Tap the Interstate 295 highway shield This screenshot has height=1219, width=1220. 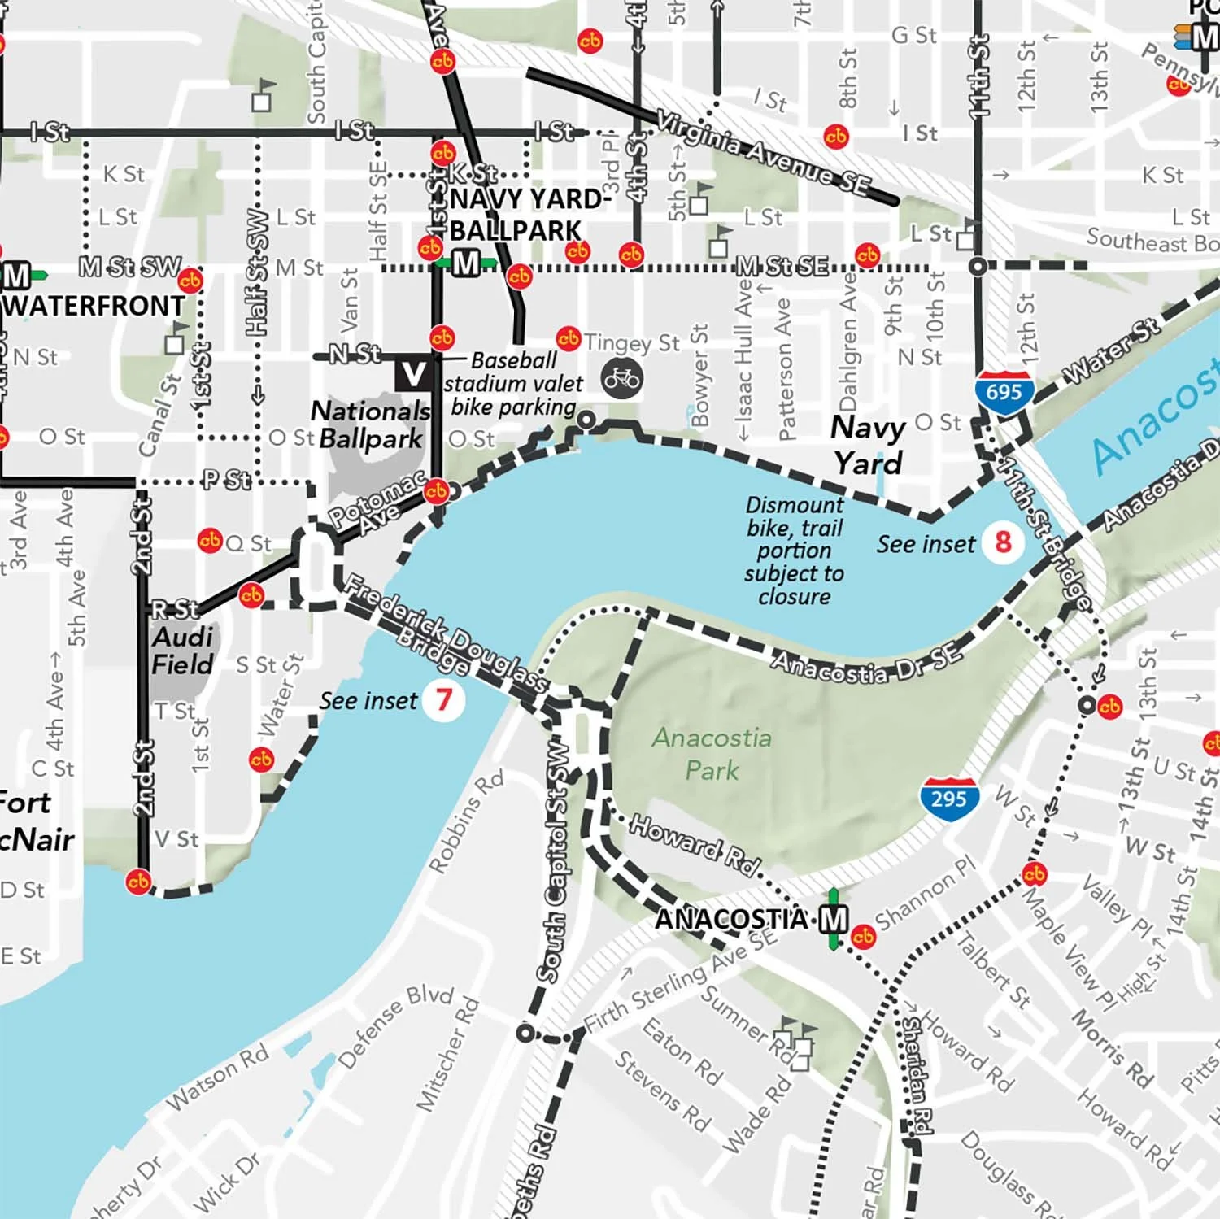point(949,799)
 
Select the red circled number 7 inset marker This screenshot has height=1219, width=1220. point(443,699)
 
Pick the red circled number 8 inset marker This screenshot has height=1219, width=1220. point(1003,542)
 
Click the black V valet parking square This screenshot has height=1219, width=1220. point(413,374)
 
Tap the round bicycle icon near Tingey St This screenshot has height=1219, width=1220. point(622,379)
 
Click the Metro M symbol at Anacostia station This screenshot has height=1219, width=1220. point(833,920)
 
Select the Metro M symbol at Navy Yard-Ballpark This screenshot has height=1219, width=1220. point(466,263)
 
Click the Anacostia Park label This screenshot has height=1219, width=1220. point(712,754)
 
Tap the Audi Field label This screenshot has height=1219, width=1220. point(182,651)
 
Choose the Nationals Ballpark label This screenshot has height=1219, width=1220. point(371,424)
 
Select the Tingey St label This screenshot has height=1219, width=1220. point(631,343)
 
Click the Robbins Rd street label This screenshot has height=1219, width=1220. point(466,821)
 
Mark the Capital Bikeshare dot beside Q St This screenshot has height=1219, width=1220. point(210,541)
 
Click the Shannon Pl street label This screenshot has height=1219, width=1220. point(925,893)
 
